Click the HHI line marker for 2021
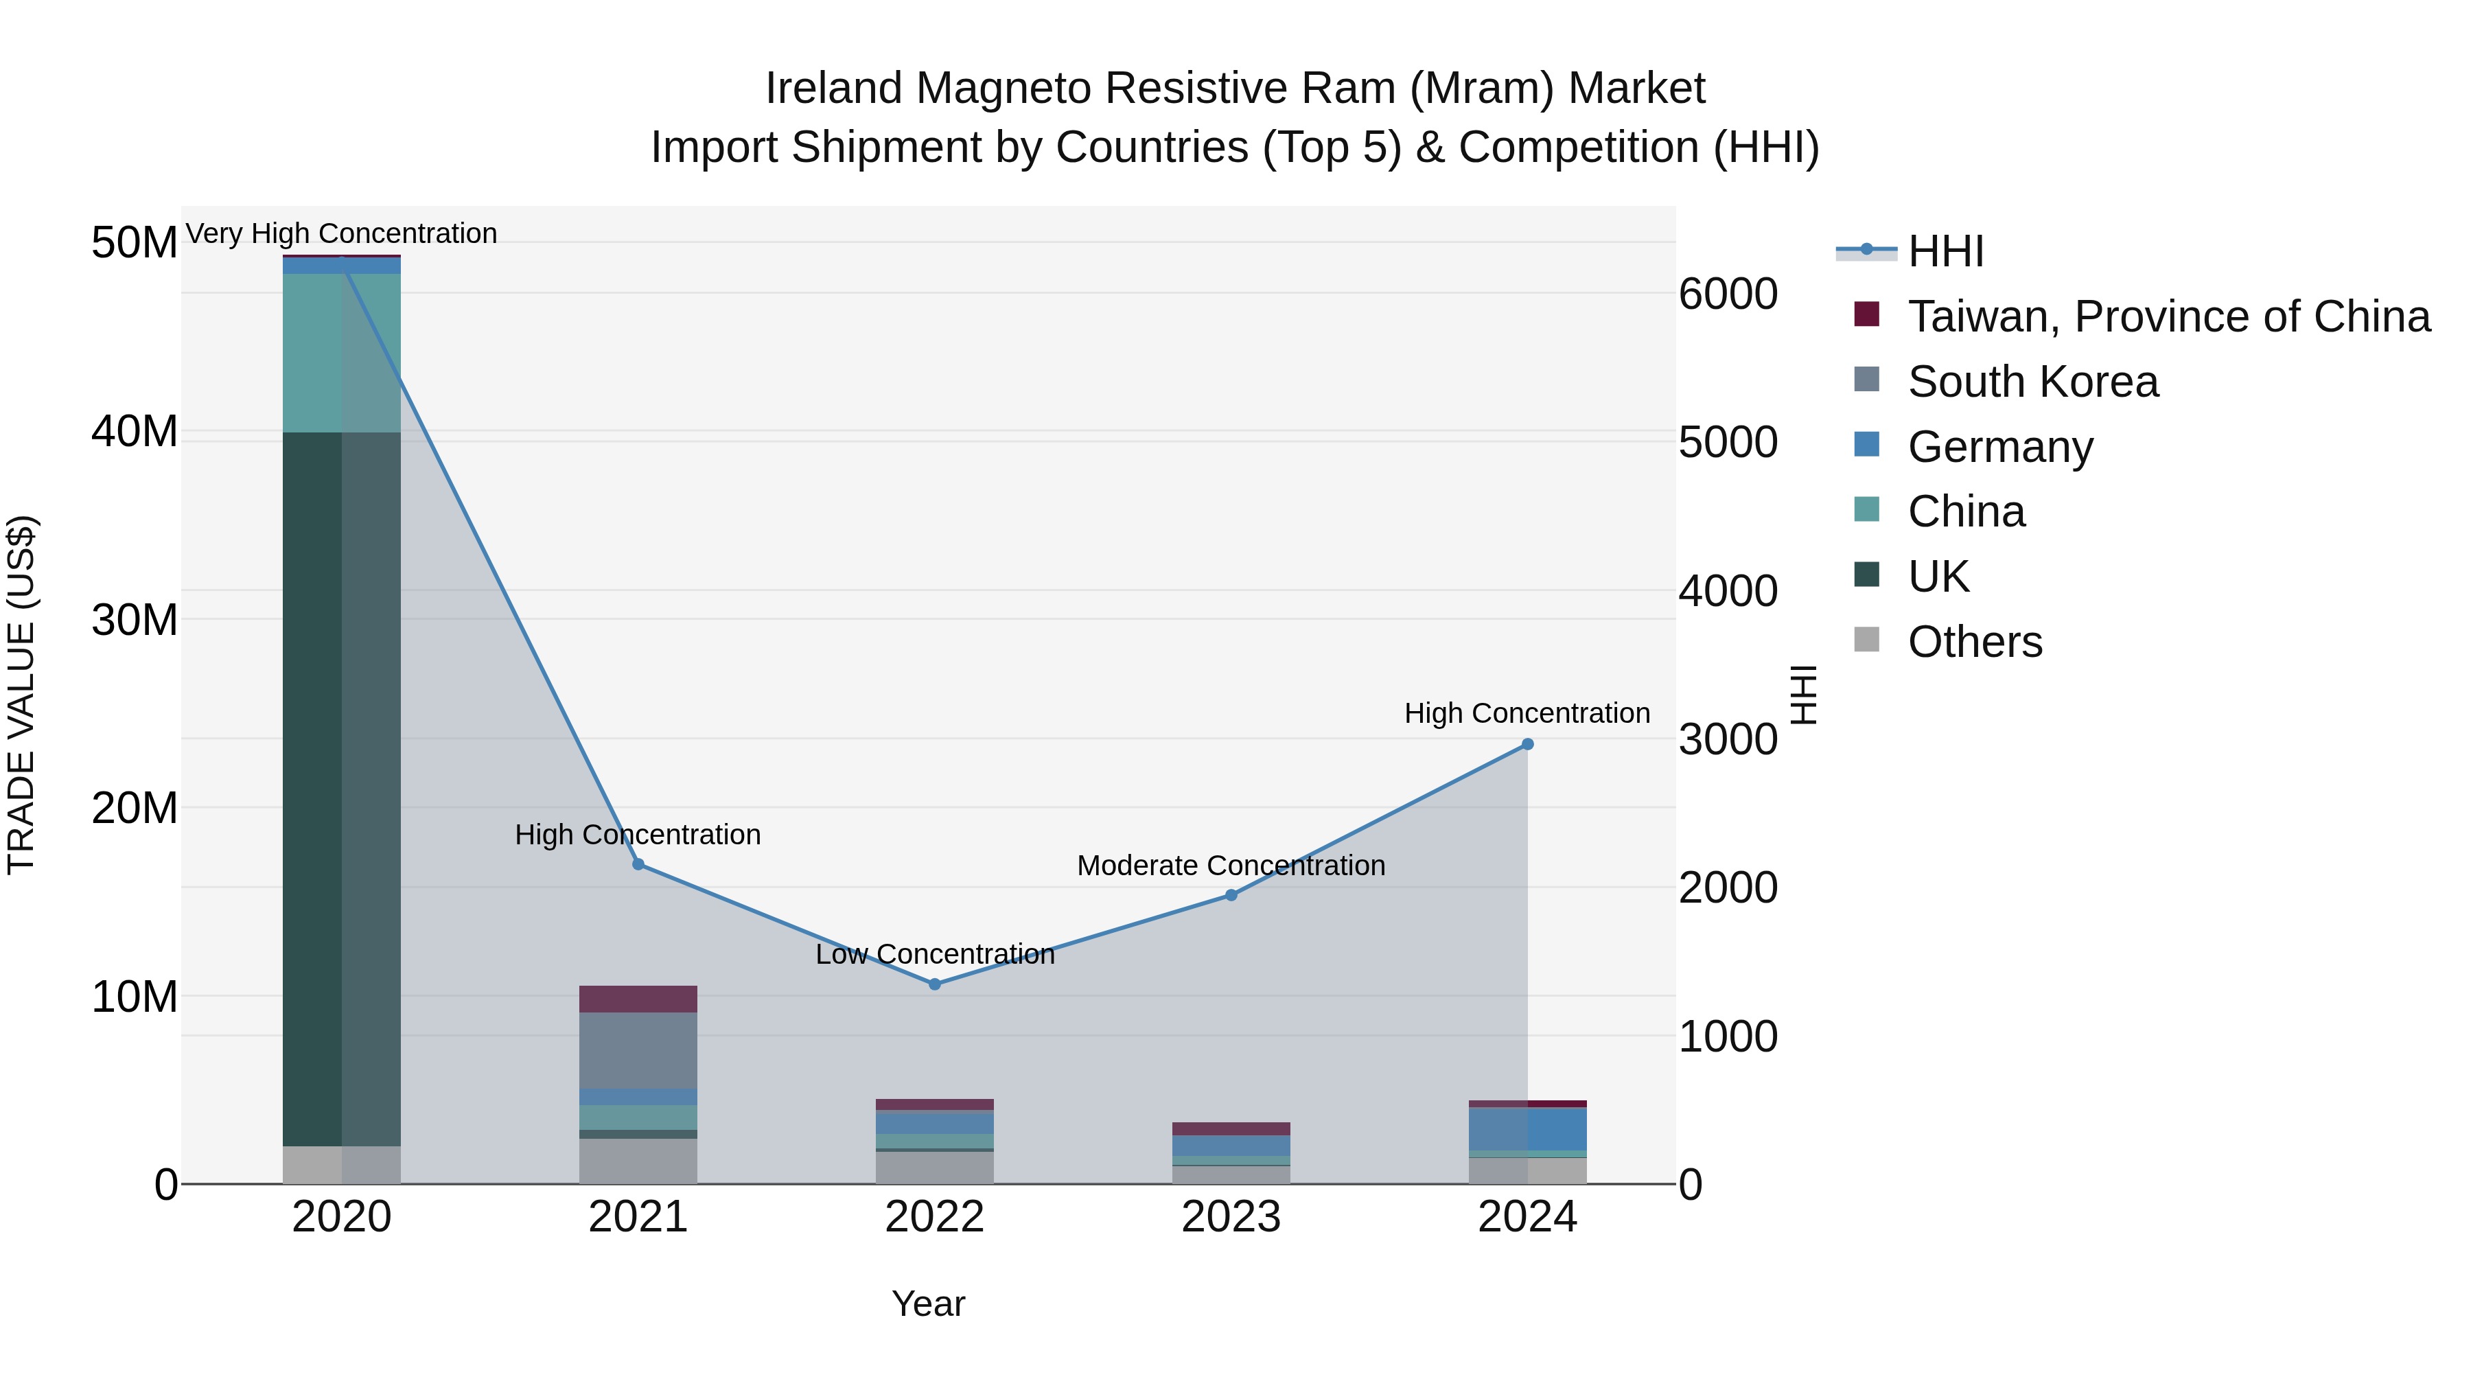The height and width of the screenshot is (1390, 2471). click(638, 864)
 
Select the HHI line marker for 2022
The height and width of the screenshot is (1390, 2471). click(934, 984)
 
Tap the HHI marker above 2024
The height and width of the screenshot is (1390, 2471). click(1527, 744)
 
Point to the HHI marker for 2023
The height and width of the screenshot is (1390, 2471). click(1231, 895)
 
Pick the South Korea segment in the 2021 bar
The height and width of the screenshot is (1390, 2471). click(638, 1050)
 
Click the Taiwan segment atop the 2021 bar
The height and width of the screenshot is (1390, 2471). click(638, 999)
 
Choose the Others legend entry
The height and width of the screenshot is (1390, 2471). click(1974, 642)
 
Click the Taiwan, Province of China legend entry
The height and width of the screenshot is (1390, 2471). click(2168, 316)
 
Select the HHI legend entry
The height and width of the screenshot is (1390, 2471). click(1945, 251)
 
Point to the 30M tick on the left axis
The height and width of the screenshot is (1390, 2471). click(135, 621)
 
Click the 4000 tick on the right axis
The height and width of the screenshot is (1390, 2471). click(1728, 591)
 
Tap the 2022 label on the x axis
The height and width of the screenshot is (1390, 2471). click(934, 1217)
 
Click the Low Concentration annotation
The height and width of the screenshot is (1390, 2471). click(934, 955)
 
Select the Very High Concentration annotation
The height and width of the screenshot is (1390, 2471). click(342, 233)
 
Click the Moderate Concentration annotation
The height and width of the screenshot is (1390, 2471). click(1231, 866)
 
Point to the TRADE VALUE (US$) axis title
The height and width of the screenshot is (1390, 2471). click(21, 695)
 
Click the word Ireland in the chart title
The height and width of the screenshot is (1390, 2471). click(833, 89)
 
